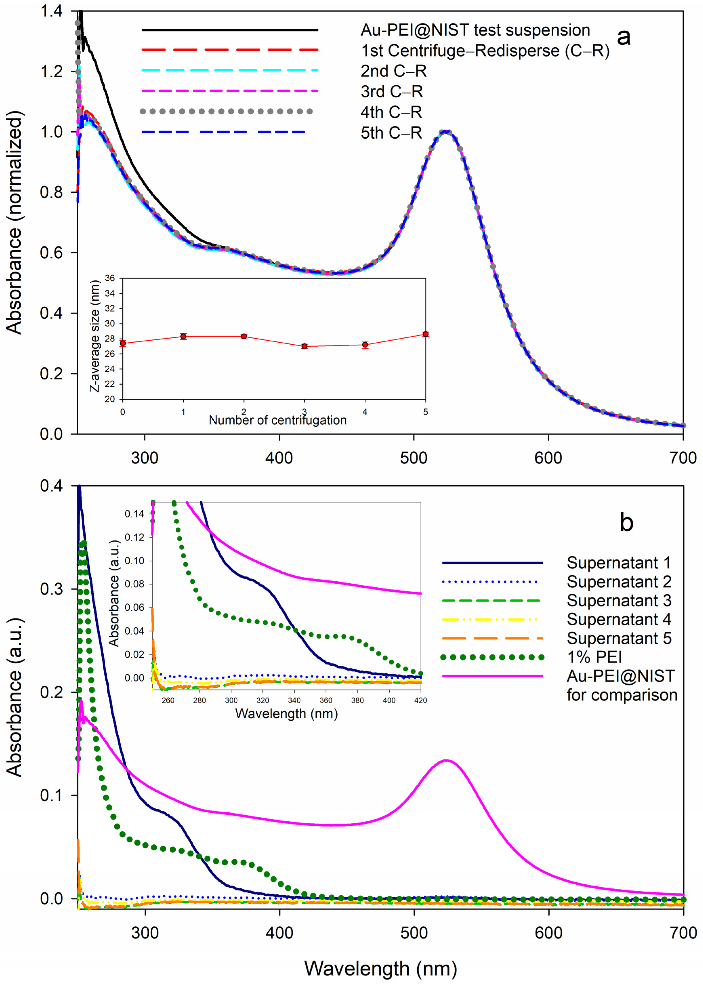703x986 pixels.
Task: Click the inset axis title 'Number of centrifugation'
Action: (x=277, y=420)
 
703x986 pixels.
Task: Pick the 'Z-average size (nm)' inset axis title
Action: (x=95, y=336)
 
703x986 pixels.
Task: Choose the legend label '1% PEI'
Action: (x=594, y=657)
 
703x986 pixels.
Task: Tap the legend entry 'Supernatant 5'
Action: (x=619, y=638)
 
